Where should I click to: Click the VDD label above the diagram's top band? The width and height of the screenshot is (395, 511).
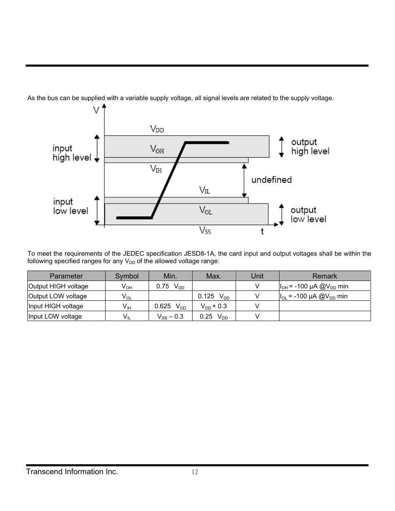pyautogui.click(x=157, y=129)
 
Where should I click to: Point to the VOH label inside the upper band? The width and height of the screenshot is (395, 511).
pyautogui.click(x=157, y=149)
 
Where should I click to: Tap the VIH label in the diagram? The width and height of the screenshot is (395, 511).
pyautogui.click(x=156, y=169)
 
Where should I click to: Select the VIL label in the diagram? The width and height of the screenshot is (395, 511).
pyautogui.click(x=205, y=190)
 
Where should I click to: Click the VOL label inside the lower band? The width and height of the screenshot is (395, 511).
pyautogui.click(x=206, y=211)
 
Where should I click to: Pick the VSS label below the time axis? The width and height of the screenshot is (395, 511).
pyautogui.click(x=205, y=230)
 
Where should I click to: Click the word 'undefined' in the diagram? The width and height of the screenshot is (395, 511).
pyautogui.click(x=272, y=180)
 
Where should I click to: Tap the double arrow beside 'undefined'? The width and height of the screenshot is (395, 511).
pyautogui.click(x=244, y=180)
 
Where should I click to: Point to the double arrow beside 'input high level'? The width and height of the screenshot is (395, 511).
pyautogui.click(x=97, y=148)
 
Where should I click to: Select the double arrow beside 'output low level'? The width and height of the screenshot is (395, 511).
pyautogui.click(x=281, y=214)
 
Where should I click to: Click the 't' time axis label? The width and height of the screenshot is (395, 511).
pyautogui.click(x=262, y=231)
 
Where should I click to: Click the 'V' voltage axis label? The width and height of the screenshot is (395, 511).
pyautogui.click(x=96, y=110)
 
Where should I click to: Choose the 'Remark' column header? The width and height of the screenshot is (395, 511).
pyautogui.click(x=325, y=276)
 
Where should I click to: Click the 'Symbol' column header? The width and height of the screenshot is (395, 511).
pyautogui.click(x=127, y=276)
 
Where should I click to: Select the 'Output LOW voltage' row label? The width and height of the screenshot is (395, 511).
pyautogui.click(x=58, y=296)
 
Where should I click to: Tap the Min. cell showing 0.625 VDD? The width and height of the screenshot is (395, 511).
pyautogui.click(x=170, y=306)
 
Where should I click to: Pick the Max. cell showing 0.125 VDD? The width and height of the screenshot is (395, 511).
pyautogui.click(x=214, y=296)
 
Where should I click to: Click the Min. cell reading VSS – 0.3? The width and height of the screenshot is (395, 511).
pyautogui.click(x=170, y=317)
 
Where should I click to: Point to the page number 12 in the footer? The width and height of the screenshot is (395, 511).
pyautogui.click(x=195, y=473)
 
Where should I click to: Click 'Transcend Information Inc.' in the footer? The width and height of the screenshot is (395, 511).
pyautogui.click(x=72, y=472)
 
